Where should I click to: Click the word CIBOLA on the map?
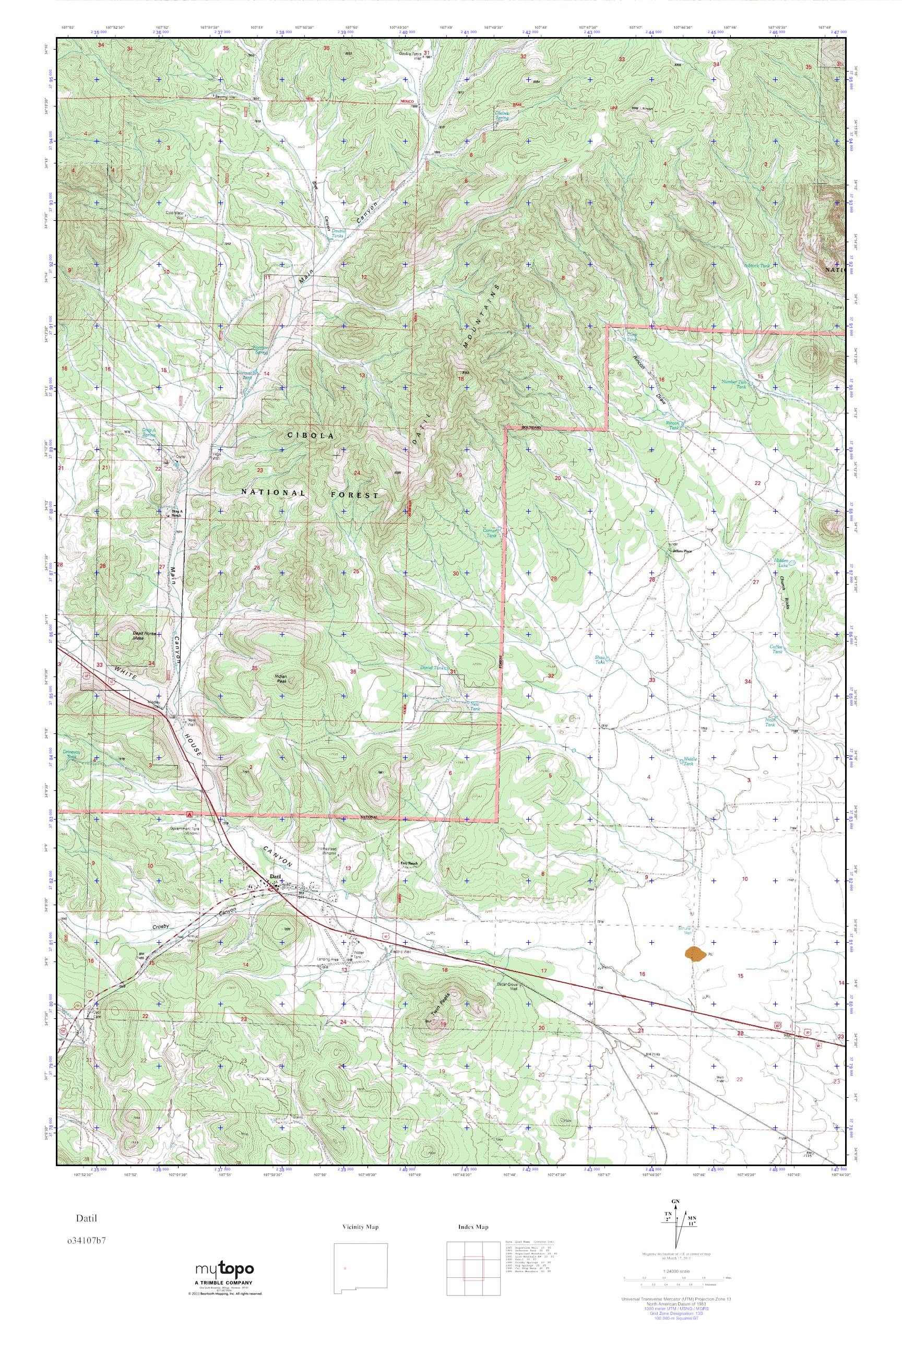tap(310, 436)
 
